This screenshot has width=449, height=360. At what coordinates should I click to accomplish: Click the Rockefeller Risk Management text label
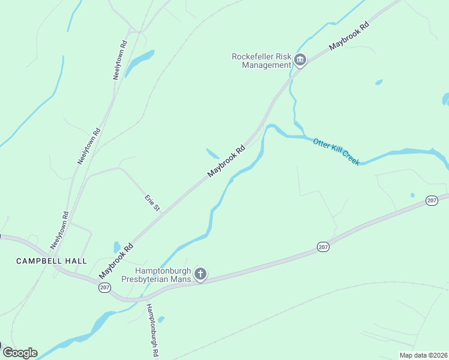[261, 61]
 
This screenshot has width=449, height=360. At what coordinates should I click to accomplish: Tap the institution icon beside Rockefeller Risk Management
[300, 60]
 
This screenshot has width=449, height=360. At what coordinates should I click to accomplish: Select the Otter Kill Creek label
[336, 151]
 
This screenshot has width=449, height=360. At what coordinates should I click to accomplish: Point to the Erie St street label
[152, 202]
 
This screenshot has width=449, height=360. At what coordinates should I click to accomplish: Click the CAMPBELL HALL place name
[51, 261]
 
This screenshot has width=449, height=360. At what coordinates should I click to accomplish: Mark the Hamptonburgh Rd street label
[151, 331]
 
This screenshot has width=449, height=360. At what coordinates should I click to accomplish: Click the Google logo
[19, 353]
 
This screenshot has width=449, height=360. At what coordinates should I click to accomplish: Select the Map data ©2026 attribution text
[423, 355]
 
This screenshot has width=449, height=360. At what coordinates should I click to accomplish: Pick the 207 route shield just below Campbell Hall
[104, 289]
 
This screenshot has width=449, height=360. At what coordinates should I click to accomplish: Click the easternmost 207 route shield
[432, 200]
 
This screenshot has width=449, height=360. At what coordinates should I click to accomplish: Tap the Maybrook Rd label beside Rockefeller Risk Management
[349, 37]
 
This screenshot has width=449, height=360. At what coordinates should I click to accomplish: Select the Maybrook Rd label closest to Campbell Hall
[116, 260]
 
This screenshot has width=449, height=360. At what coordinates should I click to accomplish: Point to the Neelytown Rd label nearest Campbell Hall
[59, 230]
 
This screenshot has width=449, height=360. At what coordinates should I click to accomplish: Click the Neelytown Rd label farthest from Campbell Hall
[121, 60]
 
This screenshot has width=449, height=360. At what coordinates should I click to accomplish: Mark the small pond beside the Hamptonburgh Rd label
[161, 319]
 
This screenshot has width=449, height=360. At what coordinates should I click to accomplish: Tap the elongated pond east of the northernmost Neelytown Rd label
[139, 58]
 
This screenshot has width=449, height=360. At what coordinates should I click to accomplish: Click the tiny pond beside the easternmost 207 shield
[412, 195]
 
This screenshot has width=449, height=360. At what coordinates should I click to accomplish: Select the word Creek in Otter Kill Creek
[350, 158]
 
